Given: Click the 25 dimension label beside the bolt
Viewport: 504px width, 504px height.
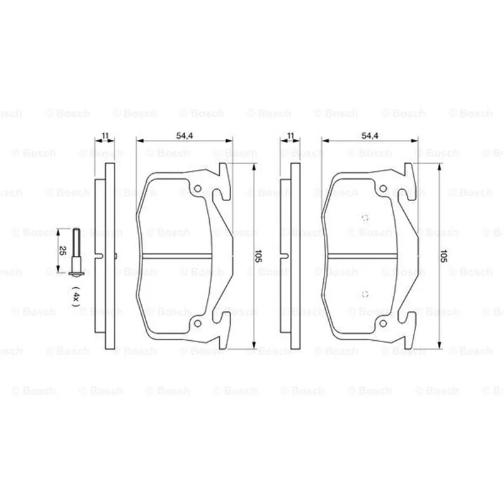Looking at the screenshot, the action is click(x=62, y=251).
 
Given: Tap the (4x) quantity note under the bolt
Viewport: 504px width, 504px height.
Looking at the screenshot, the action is click(x=75, y=296).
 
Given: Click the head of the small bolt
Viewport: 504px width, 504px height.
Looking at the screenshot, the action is click(x=76, y=273).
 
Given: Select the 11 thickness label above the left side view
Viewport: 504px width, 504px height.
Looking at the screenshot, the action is click(x=105, y=135).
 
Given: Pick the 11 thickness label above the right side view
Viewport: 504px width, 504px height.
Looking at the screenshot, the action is click(x=290, y=135).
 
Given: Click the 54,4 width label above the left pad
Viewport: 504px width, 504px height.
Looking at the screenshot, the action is click(x=185, y=135).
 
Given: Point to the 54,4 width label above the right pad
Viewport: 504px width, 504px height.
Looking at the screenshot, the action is click(x=370, y=135).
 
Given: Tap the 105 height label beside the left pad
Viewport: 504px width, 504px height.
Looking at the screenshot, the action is click(x=258, y=256).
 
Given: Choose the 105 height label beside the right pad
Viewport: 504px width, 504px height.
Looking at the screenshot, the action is click(x=444, y=256).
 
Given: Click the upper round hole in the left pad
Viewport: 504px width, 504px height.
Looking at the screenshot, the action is click(x=198, y=188).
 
